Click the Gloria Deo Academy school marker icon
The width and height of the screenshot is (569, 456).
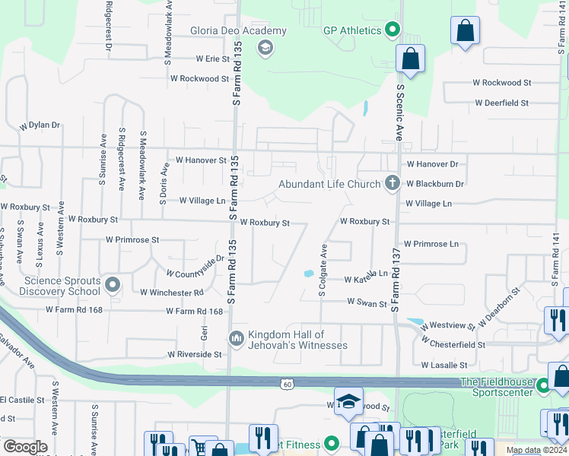coord(265,49)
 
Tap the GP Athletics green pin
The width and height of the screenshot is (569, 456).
coord(393,31)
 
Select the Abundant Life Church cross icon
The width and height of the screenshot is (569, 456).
coord(392,183)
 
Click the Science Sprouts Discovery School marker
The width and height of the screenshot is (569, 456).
coord(113,286)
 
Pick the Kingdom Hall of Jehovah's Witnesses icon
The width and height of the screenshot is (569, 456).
coord(235,337)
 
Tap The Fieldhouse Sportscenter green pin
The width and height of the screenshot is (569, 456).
coord(543,386)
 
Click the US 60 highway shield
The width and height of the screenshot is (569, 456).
coord(286,384)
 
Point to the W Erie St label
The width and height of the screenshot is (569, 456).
coord(212,59)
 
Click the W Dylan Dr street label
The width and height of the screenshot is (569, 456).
coord(40,125)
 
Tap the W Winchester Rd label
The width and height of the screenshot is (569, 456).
coord(171,292)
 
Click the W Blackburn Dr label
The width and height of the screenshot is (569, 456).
coord(435,184)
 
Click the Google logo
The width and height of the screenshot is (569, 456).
coord(25,446)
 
